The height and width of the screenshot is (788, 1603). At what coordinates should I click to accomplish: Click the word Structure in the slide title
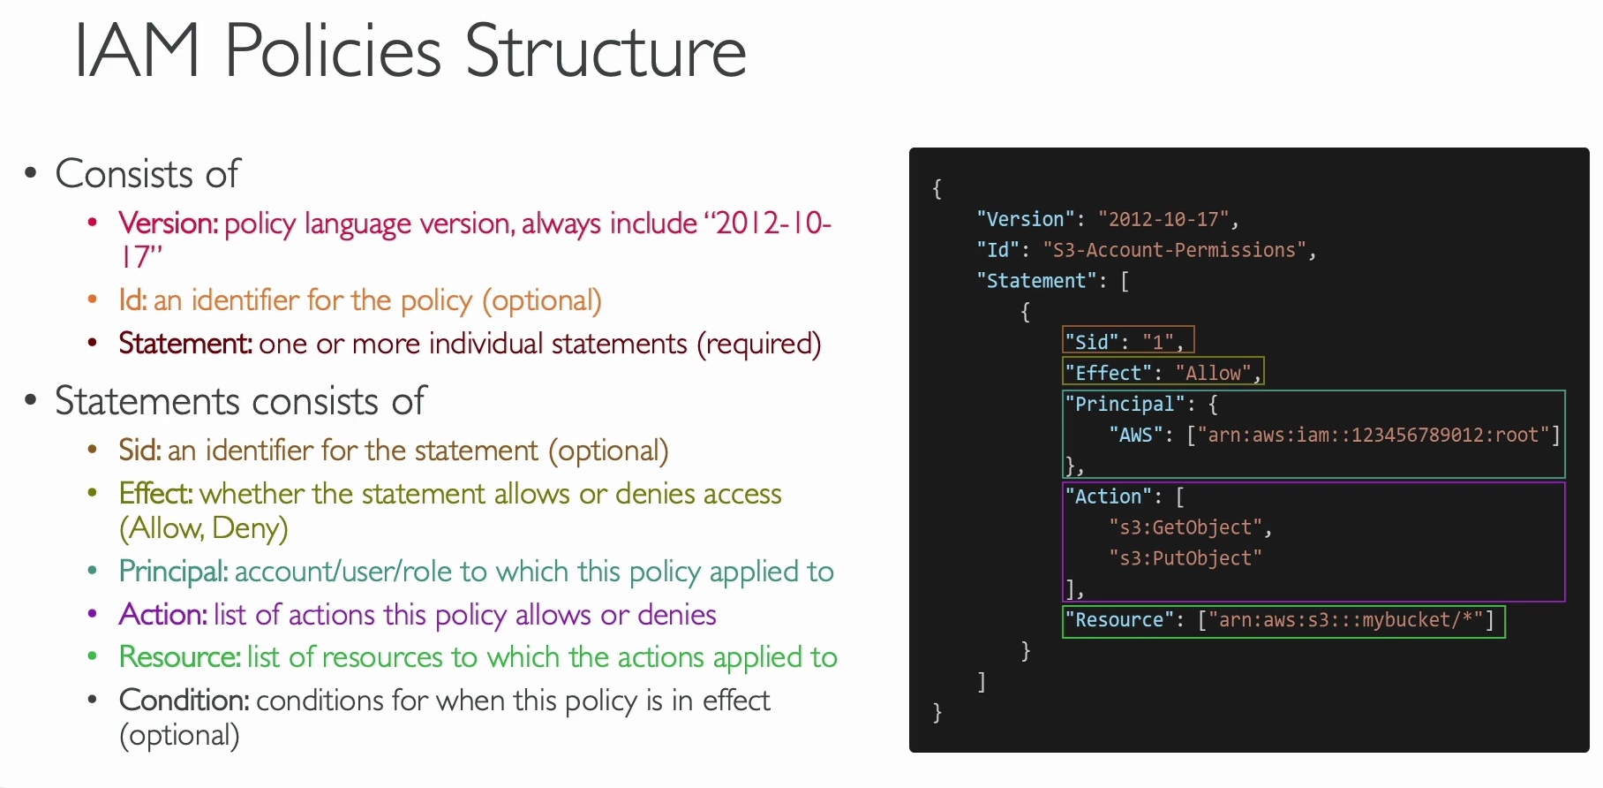tap(606, 51)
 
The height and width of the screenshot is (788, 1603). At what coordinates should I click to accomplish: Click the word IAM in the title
tap(137, 51)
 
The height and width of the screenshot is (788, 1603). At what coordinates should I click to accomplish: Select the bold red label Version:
tap(169, 224)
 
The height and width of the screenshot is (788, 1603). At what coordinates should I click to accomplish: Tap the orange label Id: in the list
tap(133, 300)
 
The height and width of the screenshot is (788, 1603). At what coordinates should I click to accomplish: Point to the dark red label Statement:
tap(185, 344)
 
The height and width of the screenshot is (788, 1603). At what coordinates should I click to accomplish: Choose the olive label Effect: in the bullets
tap(155, 494)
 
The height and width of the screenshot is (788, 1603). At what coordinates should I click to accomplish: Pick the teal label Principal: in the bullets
tap(174, 572)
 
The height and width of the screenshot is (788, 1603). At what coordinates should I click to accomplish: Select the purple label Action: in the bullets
tap(163, 615)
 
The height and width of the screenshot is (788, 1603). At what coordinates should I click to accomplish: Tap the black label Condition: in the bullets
tap(184, 701)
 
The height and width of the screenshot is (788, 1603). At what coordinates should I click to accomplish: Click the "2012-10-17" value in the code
tap(1163, 219)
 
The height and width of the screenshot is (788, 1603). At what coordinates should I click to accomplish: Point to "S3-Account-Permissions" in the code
tap(1174, 250)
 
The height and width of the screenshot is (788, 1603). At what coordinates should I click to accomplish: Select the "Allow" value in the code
tap(1213, 373)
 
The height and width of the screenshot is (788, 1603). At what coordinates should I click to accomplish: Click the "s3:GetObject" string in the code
tap(1185, 527)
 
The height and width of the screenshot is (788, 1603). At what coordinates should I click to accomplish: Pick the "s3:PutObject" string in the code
tap(1185, 558)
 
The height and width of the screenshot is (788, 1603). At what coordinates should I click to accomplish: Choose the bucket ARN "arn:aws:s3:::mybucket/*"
tap(1345, 620)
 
